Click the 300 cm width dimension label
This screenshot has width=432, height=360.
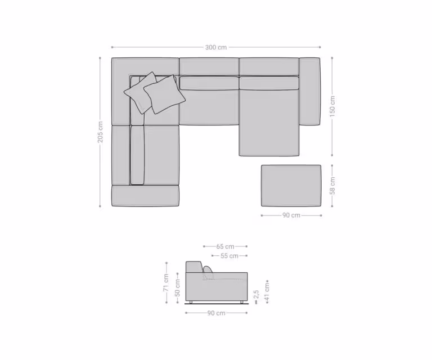click(x=216, y=47)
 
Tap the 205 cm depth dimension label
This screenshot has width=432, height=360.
click(x=100, y=132)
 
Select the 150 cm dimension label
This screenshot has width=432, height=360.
click(x=332, y=106)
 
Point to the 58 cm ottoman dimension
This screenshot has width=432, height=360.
click(x=332, y=186)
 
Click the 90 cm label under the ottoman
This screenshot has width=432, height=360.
click(x=291, y=215)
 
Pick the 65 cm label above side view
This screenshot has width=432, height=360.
click(x=225, y=246)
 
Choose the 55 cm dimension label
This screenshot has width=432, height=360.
click(x=229, y=256)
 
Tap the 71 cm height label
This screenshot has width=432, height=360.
click(x=166, y=282)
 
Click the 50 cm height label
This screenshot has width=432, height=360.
click(x=178, y=288)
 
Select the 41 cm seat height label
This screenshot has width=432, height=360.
click(x=267, y=292)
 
